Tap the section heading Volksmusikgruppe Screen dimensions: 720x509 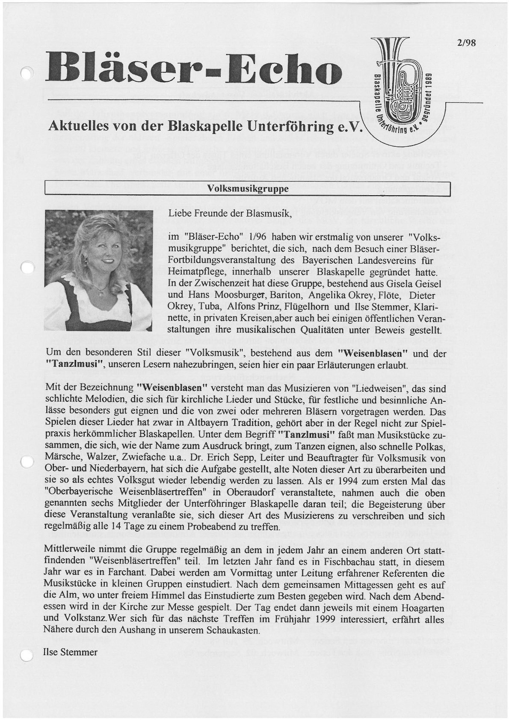click(x=248, y=188)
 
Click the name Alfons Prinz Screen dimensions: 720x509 click(x=249, y=306)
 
